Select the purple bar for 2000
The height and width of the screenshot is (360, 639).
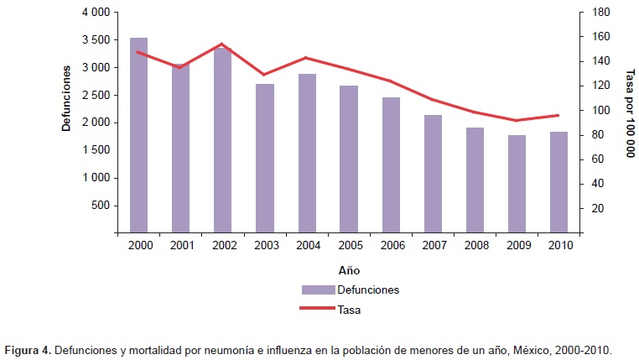click(x=138, y=134)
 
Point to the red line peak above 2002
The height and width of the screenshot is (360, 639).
click(x=222, y=44)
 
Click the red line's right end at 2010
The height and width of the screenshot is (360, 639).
click(x=558, y=115)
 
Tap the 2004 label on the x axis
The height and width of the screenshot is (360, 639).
click(x=307, y=246)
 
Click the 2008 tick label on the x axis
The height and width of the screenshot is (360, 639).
click(x=475, y=246)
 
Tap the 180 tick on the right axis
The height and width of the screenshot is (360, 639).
click(x=600, y=13)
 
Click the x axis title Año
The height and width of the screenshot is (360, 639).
click(x=349, y=272)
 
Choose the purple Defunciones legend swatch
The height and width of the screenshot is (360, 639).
click(x=319, y=290)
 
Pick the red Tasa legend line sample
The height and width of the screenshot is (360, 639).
click(x=319, y=308)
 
